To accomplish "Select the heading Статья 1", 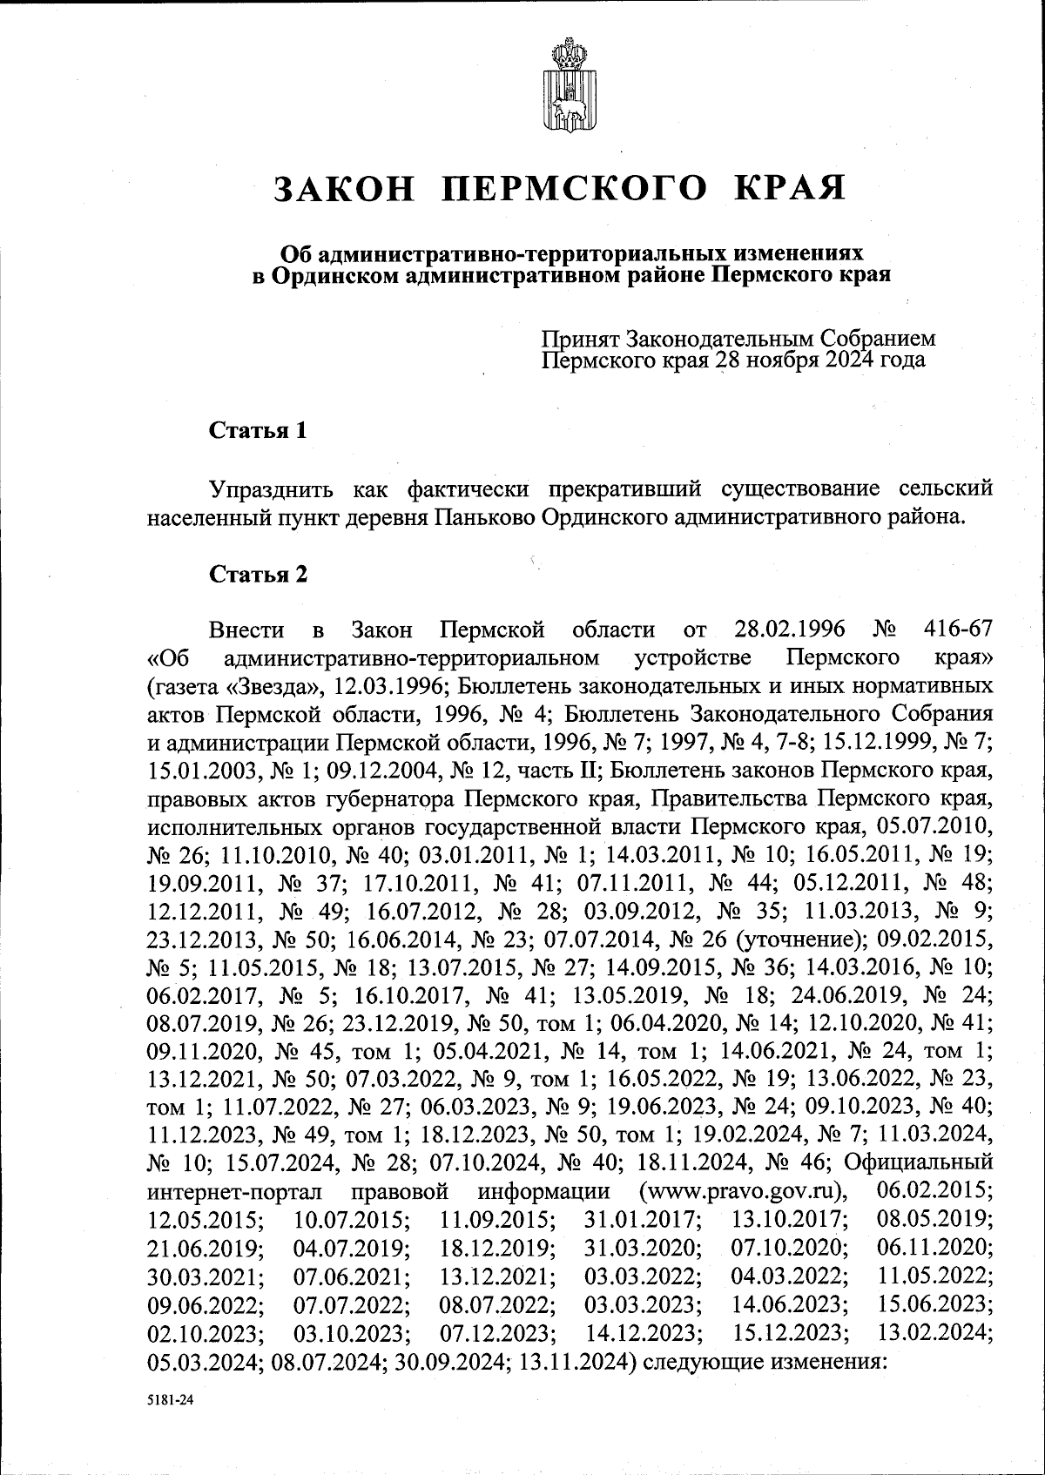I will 258,431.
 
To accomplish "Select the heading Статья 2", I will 258,575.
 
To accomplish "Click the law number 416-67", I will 955,630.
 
